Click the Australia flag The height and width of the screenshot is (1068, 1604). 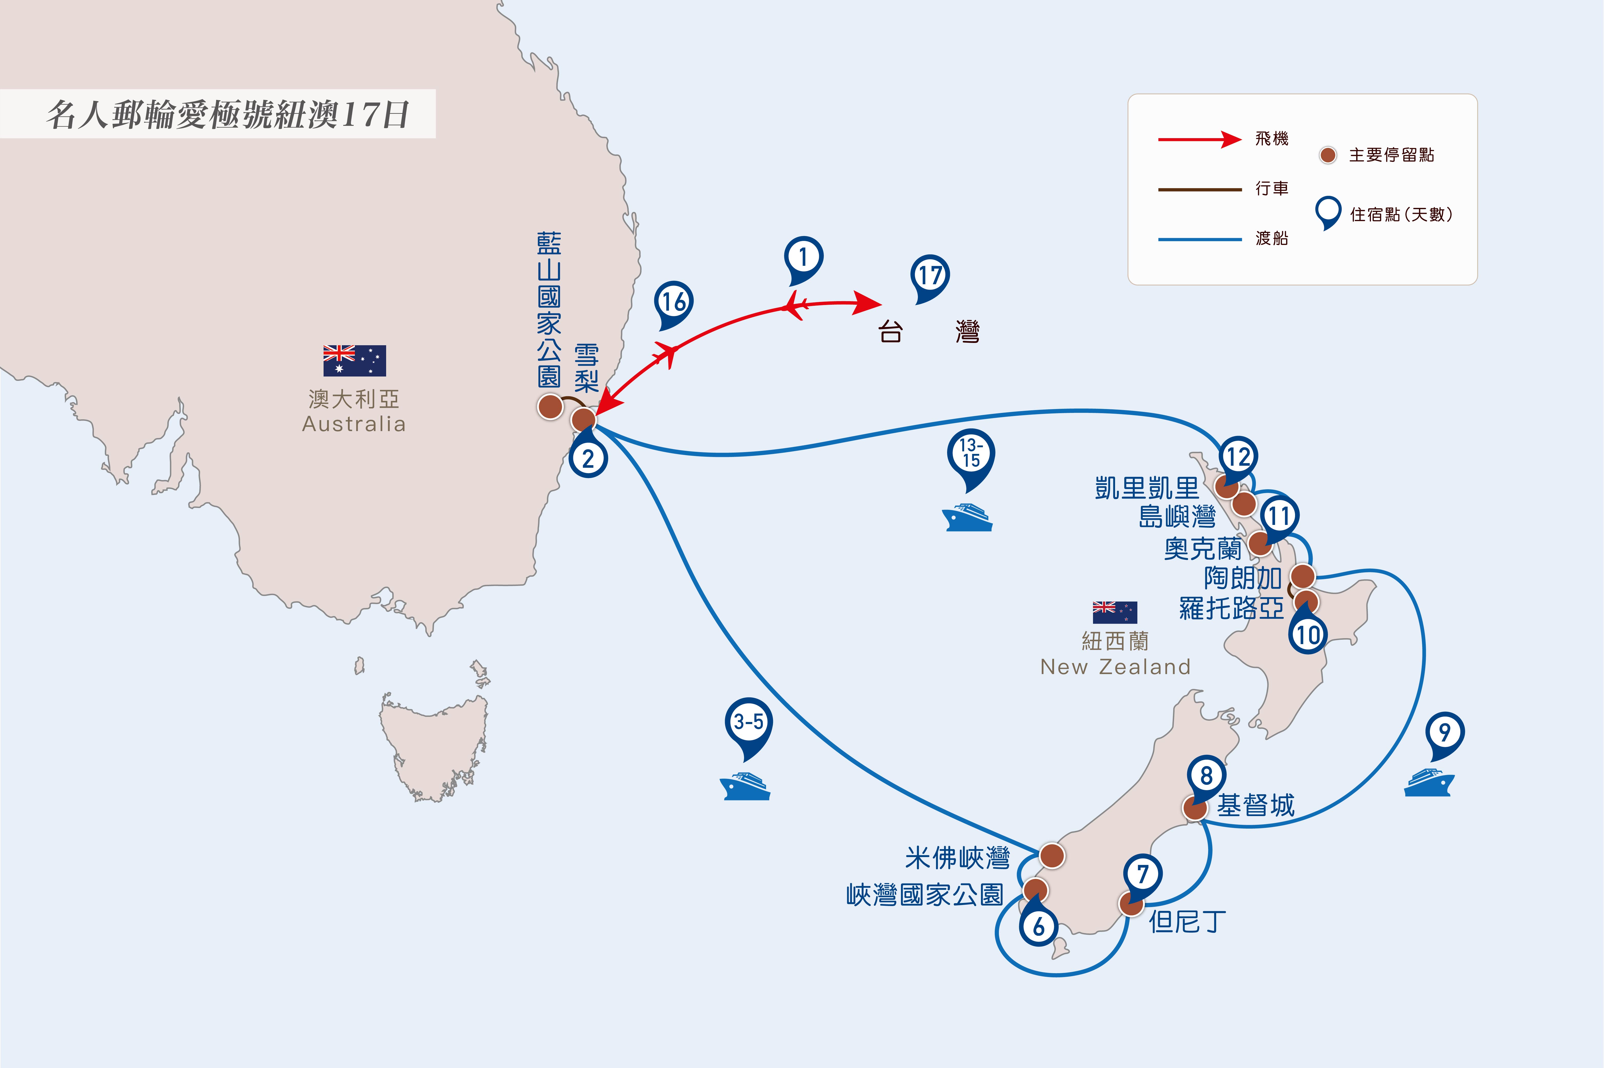354,360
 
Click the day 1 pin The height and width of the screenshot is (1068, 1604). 803,260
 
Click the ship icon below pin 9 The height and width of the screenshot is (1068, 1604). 1429,782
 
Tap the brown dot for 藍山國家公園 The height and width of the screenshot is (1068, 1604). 550,407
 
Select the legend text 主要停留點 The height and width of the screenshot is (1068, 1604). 1391,155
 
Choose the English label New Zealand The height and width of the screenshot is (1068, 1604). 1115,667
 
